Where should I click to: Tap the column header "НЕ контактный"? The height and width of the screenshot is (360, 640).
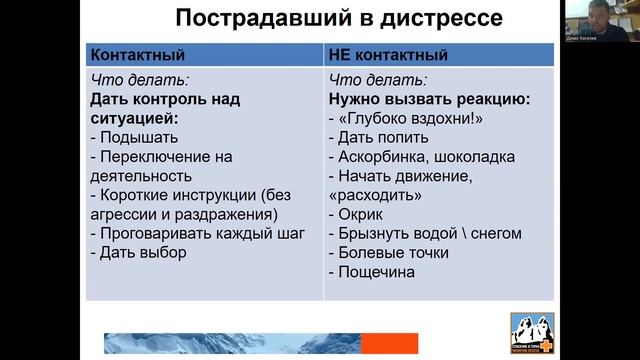pos(388,55)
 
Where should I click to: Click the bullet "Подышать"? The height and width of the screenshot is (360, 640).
pos(134,137)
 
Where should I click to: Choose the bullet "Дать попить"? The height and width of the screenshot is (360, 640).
pos(380,137)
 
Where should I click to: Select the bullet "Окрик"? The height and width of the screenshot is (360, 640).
pos(363,214)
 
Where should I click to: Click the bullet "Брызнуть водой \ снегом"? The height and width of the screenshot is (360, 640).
pos(425,233)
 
